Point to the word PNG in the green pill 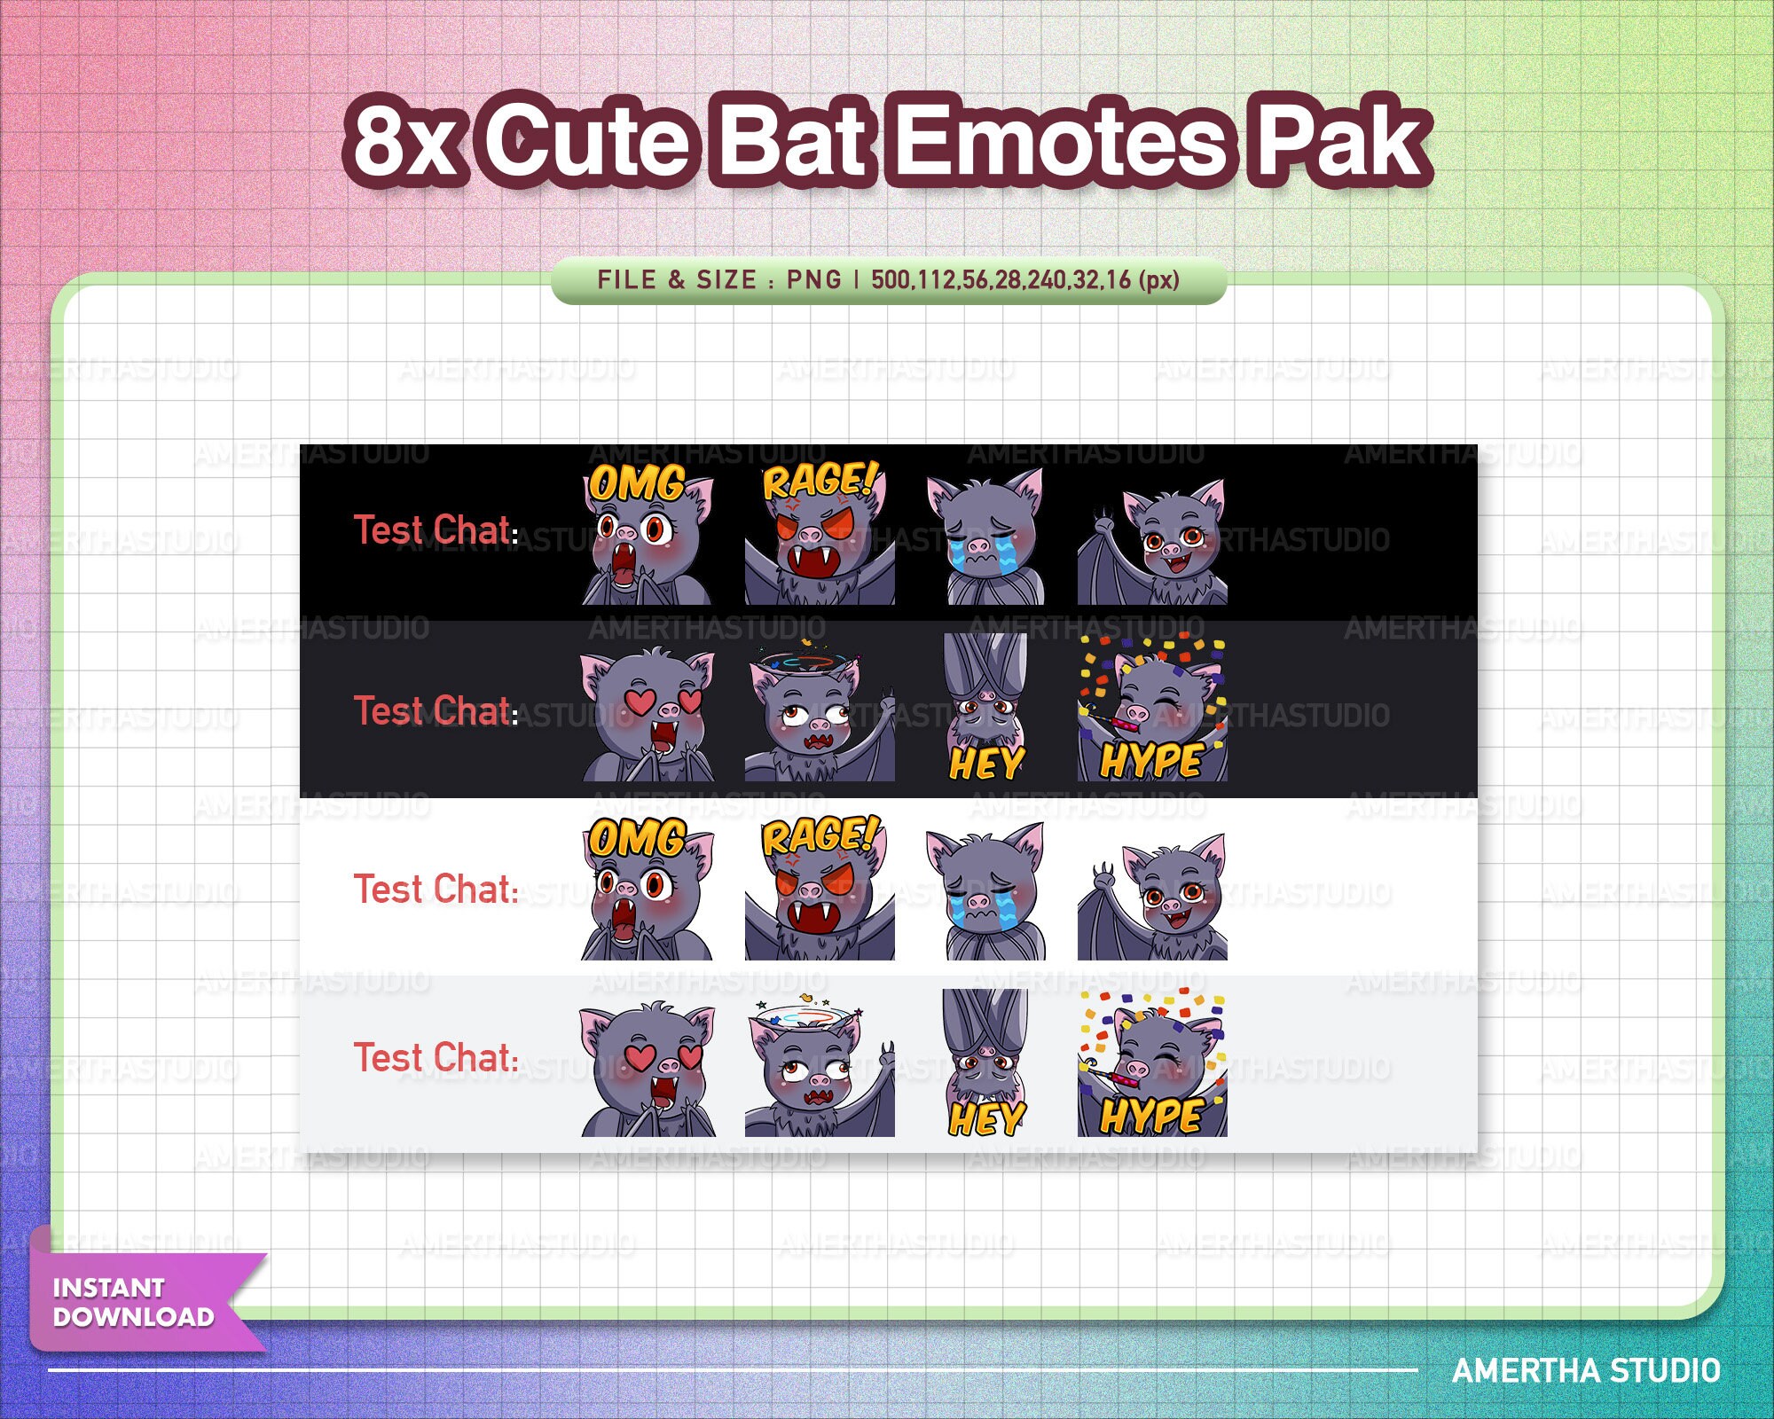pyautogui.click(x=813, y=280)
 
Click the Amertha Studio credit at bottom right pyautogui.click(x=1586, y=1371)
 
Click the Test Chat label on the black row pyautogui.click(x=436, y=530)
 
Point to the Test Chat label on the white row pyautogui.click(x=436, y=889)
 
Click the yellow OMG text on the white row pyautogui.click(x=637, y=838)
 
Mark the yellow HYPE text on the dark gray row pyautogui.click(x=1151, y=761)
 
